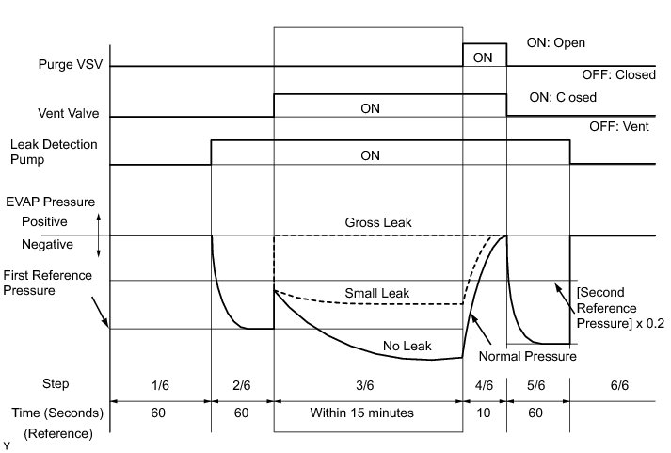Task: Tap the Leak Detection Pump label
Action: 53,152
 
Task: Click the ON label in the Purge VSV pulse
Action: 483,57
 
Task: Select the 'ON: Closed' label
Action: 563,97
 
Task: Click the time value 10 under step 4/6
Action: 484,413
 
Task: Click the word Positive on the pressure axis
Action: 46,222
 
